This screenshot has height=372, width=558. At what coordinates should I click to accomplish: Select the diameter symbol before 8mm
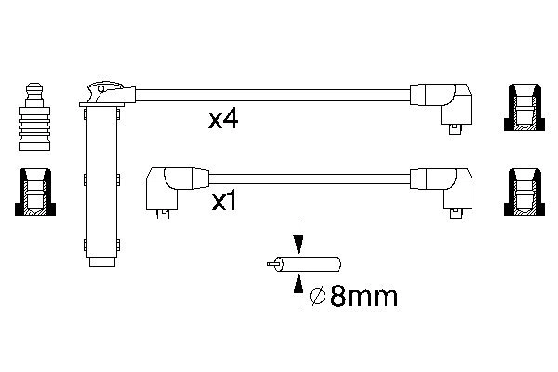[x=316, y=297]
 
